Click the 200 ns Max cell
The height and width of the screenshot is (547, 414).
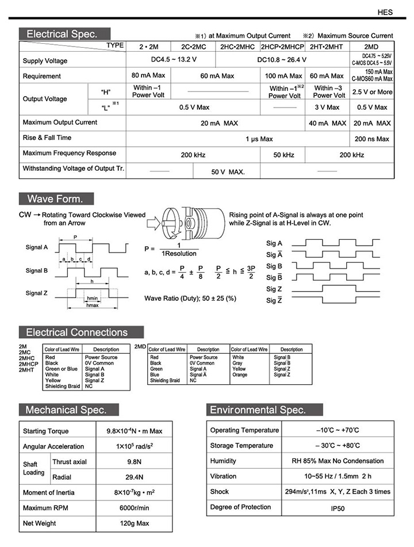pyautogui.click(x=371, y=139)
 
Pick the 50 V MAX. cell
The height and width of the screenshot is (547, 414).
pyautogui.click(x=228, y=172)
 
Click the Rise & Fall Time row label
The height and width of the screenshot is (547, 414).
pyautogui.click(x=47, y=138)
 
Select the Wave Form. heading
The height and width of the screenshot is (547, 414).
pyautogui.click(x=55, y=199)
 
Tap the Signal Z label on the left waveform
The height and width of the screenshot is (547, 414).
pyautogui.click(x=37, y=293)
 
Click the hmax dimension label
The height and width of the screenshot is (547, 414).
pyautogui.click(x=92, y=305)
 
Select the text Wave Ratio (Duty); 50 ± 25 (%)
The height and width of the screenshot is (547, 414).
pyautogui.click(x=190, y=298)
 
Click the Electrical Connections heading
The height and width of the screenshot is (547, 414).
pyautogui.click(x=76, y=332)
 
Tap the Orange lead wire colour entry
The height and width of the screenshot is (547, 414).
pyautogui.click(x=240, y=374)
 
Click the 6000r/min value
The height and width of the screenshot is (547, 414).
pyautogui.click(x=133, y=508)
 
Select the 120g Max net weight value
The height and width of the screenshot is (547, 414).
pyautogui.click(x=133, y=523)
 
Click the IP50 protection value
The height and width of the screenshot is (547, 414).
pyautogui.click(x=337, y=508)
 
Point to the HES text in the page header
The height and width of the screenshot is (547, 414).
pyautogui.click(x=385, y=11)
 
